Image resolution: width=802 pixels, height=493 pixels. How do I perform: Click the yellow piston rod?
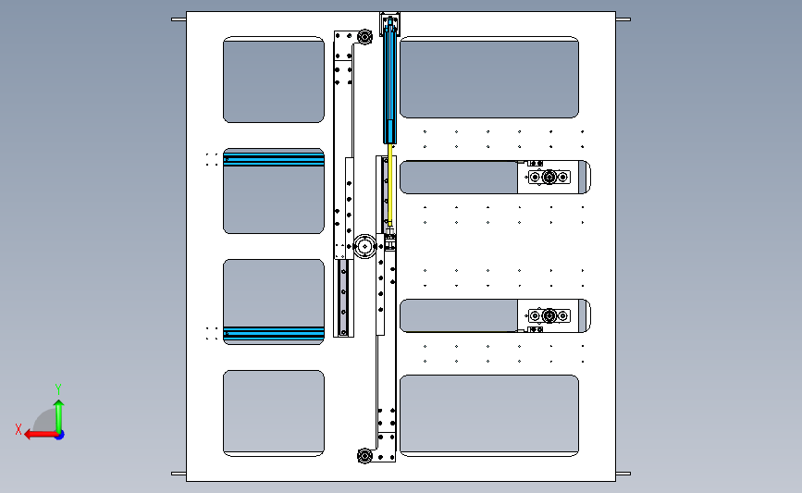[389, 184]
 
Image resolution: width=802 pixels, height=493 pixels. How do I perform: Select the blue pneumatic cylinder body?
[389, 80]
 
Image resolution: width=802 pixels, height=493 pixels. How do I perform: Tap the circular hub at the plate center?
[364, 246]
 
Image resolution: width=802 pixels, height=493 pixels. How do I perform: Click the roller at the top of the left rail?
[364, 37]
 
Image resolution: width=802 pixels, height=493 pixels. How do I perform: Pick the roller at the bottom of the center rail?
[364, 456]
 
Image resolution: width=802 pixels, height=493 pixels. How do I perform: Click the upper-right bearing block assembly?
[549, 177]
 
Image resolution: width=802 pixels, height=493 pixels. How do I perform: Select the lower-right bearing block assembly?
[549, 316]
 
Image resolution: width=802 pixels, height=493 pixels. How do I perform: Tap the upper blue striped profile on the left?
[274, 160]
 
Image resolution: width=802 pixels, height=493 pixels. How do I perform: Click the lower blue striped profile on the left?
[274, 333]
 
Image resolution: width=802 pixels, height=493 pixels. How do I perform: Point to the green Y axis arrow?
[59, 417]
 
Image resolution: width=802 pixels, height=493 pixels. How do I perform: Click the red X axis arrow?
[41, 435]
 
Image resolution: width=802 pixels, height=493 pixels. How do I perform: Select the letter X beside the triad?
[19, 429]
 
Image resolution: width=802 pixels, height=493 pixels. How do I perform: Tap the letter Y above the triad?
[58, 389]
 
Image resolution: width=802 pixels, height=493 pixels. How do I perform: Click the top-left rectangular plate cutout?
[274, 80]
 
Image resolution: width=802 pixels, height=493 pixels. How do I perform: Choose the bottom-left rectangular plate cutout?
[274, 413]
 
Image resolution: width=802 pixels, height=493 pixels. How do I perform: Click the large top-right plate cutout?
[489, 77]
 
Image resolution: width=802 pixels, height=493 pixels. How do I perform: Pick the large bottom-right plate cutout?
[489, 416]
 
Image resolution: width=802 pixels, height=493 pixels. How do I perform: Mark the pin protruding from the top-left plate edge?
[179, 19]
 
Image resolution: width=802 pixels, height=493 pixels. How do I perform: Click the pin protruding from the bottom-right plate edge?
[623, 474]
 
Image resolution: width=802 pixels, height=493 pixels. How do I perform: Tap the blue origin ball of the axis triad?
[59, 436]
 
